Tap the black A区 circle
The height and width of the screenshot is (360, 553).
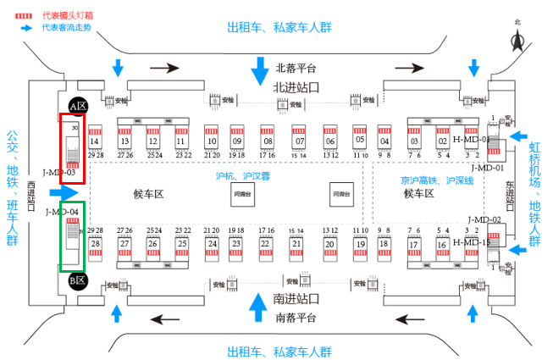point(78,107)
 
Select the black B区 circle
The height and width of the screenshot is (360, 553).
point(78,280)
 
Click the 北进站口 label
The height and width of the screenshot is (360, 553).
point(296,87)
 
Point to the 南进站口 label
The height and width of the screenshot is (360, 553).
point(296,299)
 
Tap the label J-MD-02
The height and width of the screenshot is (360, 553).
point(484,219)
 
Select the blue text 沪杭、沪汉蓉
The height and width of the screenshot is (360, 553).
point(242,176)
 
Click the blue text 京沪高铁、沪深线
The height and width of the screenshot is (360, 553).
point(437,180)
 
